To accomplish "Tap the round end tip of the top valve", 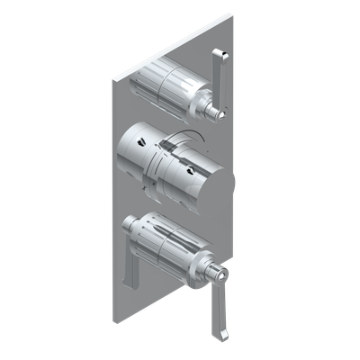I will click(217, 114).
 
